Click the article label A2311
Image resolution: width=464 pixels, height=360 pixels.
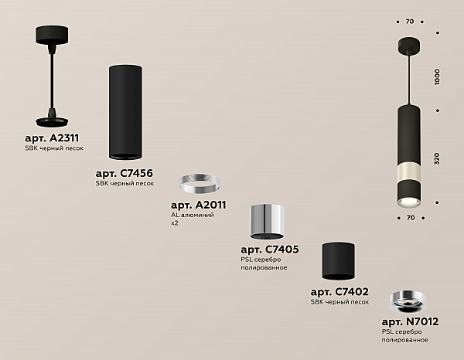(x=52, y=138)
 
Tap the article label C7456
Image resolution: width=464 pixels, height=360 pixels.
(x=125, y=173)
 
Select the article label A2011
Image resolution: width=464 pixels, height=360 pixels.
(x=199, y=205)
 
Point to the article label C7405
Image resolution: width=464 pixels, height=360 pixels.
(x=270, y=250)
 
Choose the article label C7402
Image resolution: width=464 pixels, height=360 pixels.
(x=339, y=292)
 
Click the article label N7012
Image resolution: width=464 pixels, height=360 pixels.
(x=410, y=321)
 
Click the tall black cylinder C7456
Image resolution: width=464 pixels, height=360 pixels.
(x=125, y=112)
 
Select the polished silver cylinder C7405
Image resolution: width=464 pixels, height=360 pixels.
(x=268, y=222)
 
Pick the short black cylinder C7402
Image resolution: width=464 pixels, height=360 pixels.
(x=339, y=261)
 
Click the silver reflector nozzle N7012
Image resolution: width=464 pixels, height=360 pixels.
(x=408, y=302)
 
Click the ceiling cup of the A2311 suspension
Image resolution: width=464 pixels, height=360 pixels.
(x=52, y=35)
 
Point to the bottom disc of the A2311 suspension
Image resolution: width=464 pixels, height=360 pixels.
(x=52, y=121)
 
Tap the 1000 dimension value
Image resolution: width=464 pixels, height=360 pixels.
(x=437, y=77)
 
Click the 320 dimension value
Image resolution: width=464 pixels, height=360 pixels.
(x=437, y=158)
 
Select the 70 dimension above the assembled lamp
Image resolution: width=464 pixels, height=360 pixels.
(x=410, y=22)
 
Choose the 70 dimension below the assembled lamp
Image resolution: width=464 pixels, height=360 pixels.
(x=411, y=218)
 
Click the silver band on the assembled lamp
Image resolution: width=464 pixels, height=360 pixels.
(x=409, y=172)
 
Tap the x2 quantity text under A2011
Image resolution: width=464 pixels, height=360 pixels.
(x=175, y=223)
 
